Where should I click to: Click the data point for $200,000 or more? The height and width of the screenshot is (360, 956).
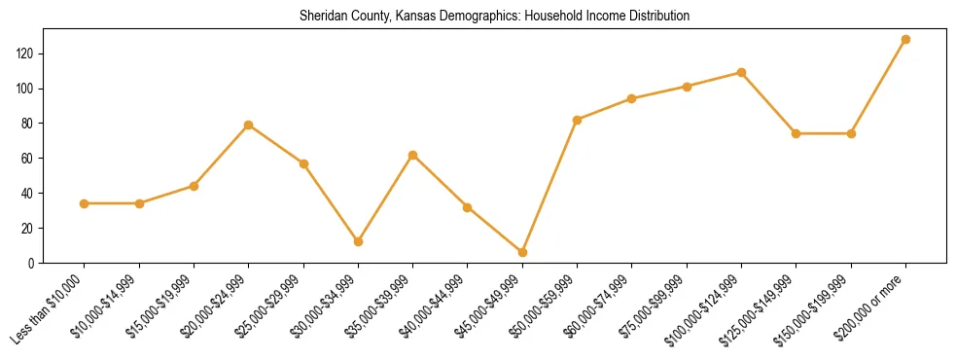[x=906, y=40]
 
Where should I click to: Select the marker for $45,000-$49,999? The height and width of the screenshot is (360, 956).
[x=523, y=252]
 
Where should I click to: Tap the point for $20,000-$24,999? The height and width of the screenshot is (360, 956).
[x=249, y=125]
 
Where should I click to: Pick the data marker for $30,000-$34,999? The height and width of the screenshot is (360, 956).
[x=359, y=241]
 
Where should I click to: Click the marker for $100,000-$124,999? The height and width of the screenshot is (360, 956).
[x=742, y=72]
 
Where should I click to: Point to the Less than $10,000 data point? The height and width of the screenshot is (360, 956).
[x=85, y=203]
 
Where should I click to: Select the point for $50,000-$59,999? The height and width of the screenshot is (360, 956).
[x=578, y=120]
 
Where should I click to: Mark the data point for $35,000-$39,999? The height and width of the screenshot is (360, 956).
[x=413, y=155]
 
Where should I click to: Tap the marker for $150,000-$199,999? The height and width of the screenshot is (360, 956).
[x=852, y=133]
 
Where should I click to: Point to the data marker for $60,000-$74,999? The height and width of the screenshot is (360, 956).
[x=632, y=98]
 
